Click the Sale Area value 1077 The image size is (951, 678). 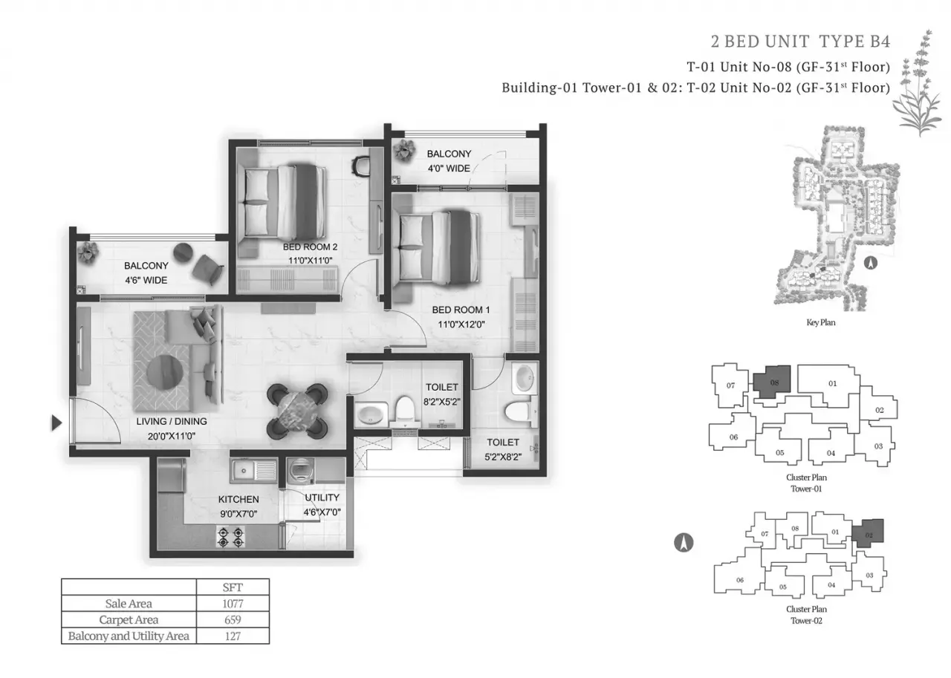click(233, 603)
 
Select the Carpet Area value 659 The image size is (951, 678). click(233, 619)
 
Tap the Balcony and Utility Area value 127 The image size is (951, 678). click(233, 636)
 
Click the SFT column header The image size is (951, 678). click(233, 587)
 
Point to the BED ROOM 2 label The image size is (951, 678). click(310, 247)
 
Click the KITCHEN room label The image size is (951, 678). click(238, 499)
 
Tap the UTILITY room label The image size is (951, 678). click(322, 498)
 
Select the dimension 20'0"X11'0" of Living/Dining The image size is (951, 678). click(172, 436)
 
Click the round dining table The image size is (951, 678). click(297, 411)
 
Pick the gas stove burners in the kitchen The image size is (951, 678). click(231, 537)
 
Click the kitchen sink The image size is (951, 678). click(254, 471)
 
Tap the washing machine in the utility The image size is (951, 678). click(301, 471)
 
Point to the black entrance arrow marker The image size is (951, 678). click(56, 423)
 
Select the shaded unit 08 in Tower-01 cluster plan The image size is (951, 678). click(772, 382)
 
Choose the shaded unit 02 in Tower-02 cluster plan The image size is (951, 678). click(869, 533)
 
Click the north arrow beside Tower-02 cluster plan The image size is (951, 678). click(684, 543)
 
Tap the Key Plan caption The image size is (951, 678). click(821, 322)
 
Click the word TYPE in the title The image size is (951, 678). click(842, 42)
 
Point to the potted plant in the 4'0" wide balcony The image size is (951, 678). click(403, 150)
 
